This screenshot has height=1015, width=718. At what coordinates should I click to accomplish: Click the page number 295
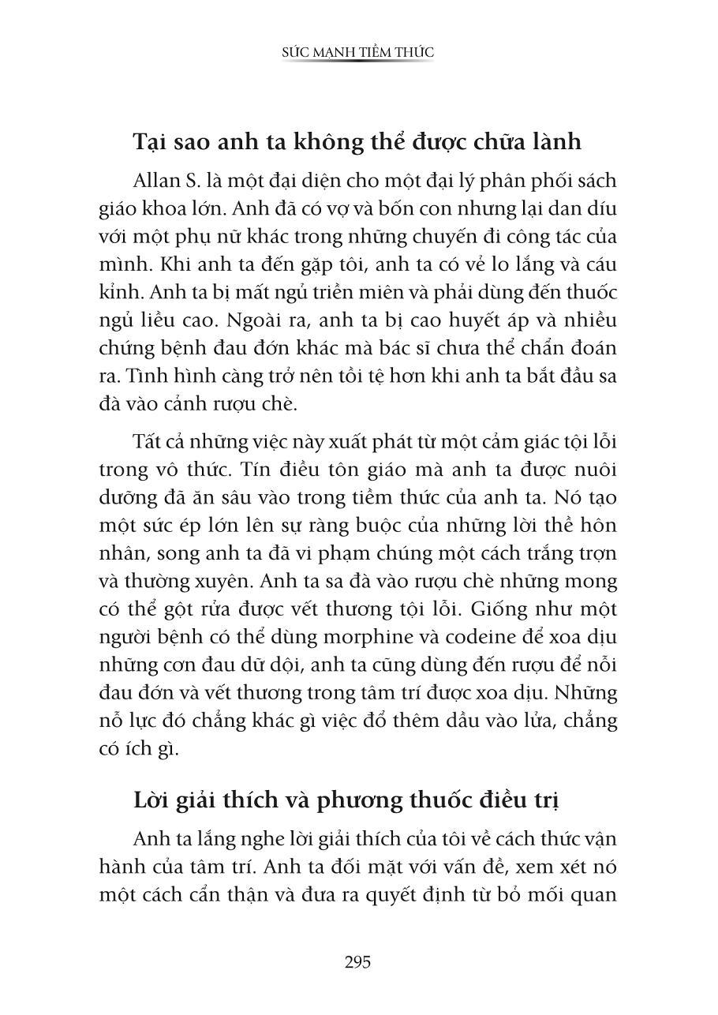[357, 962]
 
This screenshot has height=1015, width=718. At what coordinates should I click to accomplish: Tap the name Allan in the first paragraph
[156, 180]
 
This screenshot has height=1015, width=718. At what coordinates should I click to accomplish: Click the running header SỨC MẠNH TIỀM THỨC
[358, 53]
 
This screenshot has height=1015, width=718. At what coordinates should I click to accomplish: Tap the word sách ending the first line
[593, 180]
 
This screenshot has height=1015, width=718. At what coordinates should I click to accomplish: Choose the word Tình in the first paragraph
[133, 376]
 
